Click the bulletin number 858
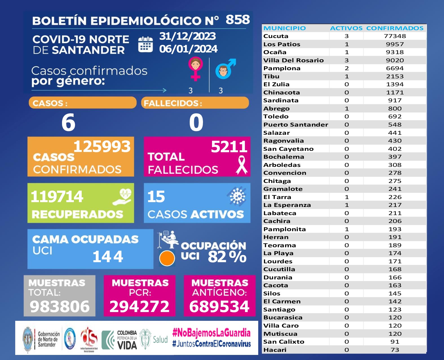238,20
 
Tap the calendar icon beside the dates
145,45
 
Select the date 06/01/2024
188,49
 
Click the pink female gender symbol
196,68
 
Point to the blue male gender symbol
225,69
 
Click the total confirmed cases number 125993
102,147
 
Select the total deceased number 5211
229,147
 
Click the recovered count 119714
57,196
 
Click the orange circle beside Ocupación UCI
167,258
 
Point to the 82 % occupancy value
227,257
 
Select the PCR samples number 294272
139,306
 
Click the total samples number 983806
59,306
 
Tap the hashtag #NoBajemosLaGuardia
211,333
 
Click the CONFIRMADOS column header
395,28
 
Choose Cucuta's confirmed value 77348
395,36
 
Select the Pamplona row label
282,68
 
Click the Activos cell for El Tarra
346,197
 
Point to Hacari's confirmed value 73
395,350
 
